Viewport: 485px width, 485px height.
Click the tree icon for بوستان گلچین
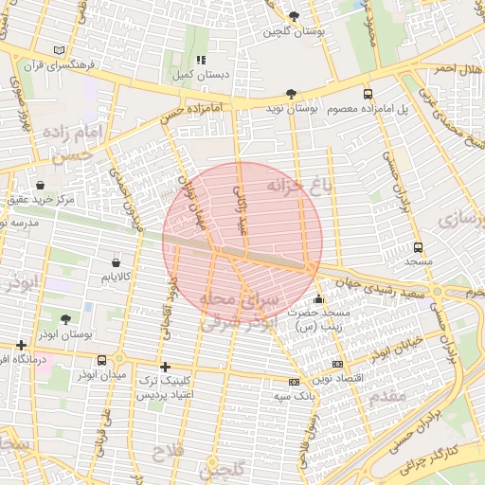tap(293, 16)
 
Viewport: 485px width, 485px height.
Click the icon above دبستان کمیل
tap(200, 60)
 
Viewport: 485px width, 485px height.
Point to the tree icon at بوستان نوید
tap(290, 93)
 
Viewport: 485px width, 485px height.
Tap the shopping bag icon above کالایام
tap(116, 262)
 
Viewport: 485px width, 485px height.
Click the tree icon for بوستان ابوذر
tap(64, 320)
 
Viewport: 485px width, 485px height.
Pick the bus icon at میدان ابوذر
tap(101, 360)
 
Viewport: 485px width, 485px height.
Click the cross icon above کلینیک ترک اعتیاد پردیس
tap(166, 367)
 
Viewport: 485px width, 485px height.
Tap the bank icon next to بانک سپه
tap(293, 382)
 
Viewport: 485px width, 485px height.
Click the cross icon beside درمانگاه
tap(21, 346)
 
